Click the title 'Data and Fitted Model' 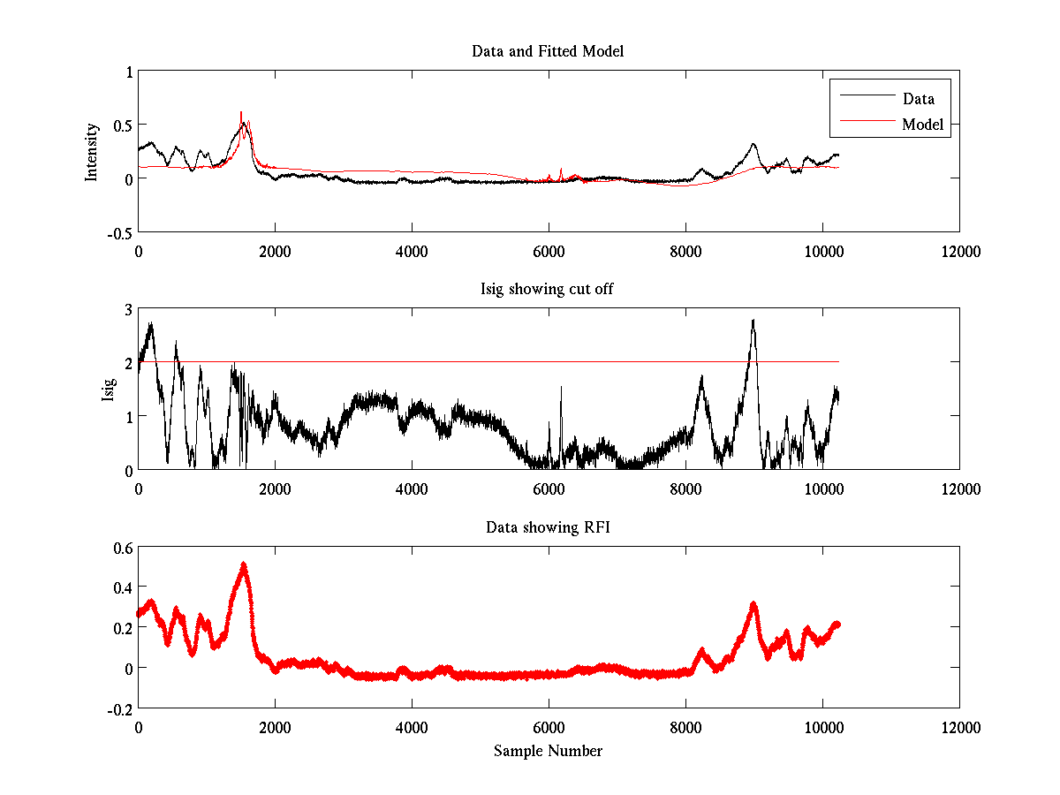point(548,51)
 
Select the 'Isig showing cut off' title point(548,289)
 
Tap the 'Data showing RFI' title point(548,527)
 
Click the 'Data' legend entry point(918,99)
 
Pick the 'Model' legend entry point(922,125)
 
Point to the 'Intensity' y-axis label point(91,151)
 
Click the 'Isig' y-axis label point(108,390)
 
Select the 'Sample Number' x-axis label point(548,751)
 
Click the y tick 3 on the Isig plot point(127,309)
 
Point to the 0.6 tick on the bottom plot point(121,548)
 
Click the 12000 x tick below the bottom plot point(959,728)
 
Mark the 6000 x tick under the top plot point(549,252)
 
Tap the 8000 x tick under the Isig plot point(685,489)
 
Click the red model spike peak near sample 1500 point(241,112)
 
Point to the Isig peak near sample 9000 point(753,320)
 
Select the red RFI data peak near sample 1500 point(243,564)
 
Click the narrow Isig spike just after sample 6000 point(561,387)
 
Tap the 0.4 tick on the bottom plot point(121,587)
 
